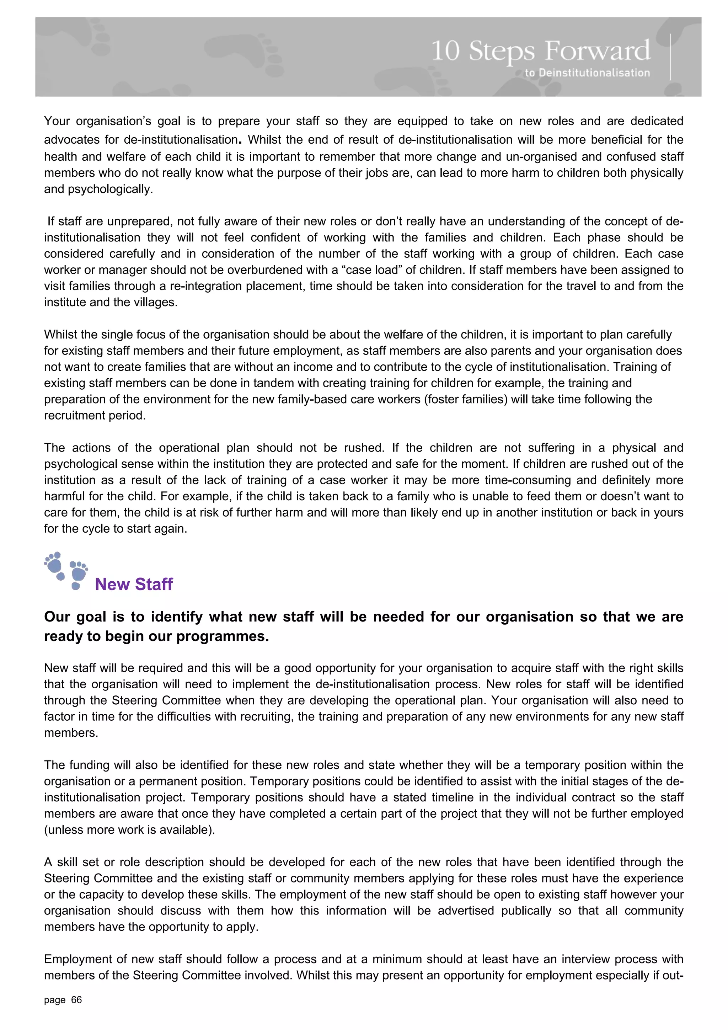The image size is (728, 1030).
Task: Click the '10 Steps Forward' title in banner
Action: [541, 51]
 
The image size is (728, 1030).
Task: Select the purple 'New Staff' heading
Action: [134, 584]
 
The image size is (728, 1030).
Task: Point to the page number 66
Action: [77, 1000]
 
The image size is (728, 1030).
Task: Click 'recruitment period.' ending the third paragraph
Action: [95, 415]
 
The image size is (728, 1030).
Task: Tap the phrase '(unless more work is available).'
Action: [130, 830]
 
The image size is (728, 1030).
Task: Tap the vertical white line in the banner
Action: [670, 57]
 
